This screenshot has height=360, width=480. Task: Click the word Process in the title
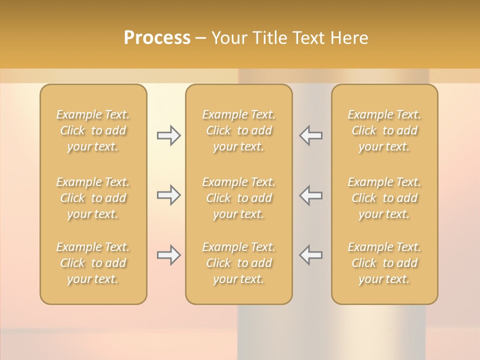(157, 38)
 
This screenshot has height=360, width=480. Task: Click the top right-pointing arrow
(168, 135)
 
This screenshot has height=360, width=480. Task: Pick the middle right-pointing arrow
(168, 195)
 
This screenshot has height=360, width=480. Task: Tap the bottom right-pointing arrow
(168, 255)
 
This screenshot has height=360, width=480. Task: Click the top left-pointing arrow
(310, 135)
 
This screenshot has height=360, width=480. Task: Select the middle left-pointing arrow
(310, 195)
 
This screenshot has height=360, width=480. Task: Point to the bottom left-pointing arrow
(310, 255)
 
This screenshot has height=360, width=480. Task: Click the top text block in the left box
(93, 130)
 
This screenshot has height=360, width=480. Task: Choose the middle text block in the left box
(93, 198)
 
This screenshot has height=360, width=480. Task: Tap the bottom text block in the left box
(93, 263)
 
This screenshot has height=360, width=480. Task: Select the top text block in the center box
(239, 130)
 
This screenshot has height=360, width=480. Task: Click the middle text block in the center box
(239, 198)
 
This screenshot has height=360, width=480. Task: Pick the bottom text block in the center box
(239, 263)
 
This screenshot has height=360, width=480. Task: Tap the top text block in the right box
(384, 130)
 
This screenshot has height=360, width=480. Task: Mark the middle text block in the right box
(384, 198)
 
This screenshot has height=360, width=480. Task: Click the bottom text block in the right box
(384, 263)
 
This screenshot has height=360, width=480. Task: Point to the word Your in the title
(228, 38)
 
